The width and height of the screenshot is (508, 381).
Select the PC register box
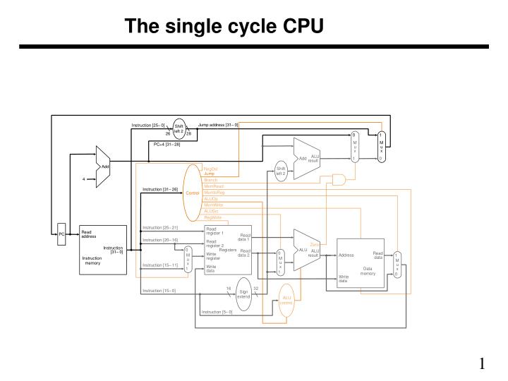(61, 234)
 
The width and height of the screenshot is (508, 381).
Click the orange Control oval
(193, 193)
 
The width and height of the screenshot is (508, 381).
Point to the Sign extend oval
(243, 294)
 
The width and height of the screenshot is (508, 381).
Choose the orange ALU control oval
(286, 301)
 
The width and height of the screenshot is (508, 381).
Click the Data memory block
(361, 263)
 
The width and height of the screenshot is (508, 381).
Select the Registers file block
(227, 250)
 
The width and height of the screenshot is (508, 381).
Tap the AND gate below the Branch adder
(339, 181)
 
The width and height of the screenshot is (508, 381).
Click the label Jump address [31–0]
(218, 125)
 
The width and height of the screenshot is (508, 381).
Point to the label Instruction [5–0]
(217, 312)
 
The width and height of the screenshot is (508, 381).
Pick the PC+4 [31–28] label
(167, 144)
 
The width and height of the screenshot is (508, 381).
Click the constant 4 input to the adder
(83, 179)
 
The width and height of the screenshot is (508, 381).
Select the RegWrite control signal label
(212, 217)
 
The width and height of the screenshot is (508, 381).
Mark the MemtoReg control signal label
(214, 193)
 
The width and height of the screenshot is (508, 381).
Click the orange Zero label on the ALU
(315, 244)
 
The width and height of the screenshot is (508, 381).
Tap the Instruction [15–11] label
(160, 265)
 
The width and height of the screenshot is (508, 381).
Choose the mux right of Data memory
(397, 264)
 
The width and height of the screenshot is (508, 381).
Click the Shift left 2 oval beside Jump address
(179, 128)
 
